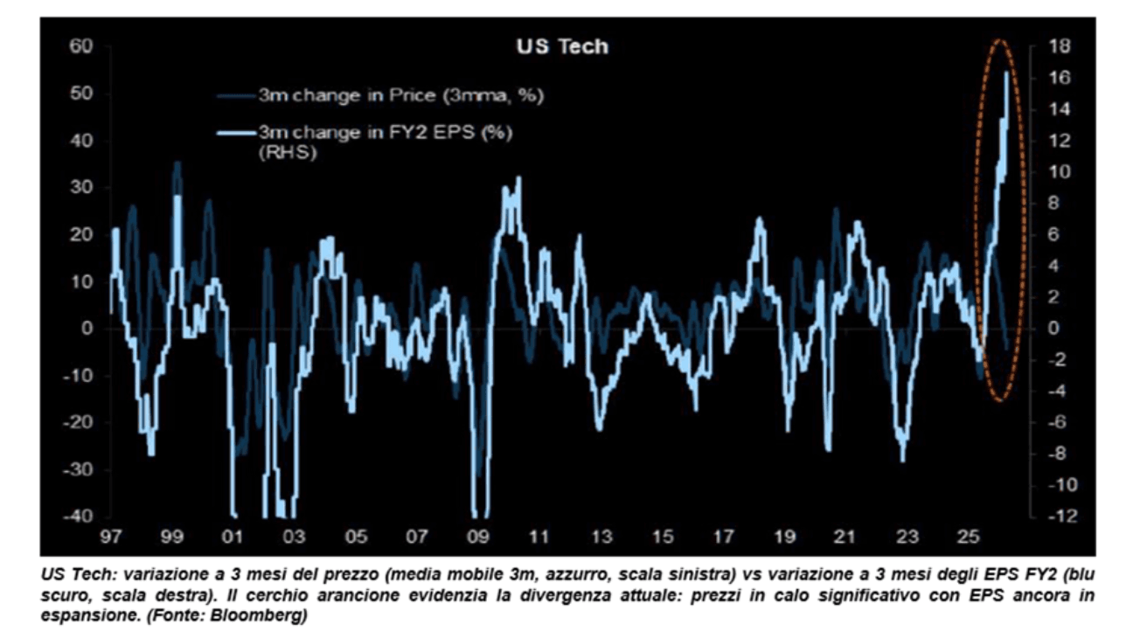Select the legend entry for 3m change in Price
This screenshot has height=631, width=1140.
pos(401,95)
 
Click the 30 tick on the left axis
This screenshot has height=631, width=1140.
pos(80,187)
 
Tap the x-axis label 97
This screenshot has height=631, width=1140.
pos(111,536)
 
